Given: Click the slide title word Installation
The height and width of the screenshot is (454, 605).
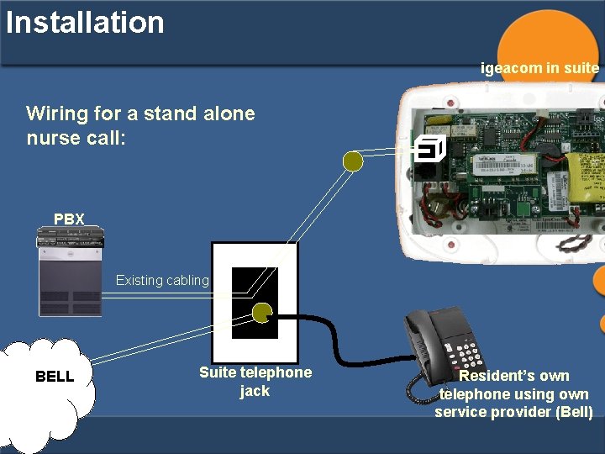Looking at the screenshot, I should [x=85, y=22].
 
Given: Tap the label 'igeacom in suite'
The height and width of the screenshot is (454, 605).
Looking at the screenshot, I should [x=539, y=68].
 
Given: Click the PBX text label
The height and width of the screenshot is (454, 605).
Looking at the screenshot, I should [x=69, y=219].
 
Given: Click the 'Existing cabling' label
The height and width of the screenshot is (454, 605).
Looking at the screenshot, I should [x=162, y=281].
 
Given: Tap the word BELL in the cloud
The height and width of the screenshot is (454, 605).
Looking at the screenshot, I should [x=55, y=377].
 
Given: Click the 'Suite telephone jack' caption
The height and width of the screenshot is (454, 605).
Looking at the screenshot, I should [x=255, y=382].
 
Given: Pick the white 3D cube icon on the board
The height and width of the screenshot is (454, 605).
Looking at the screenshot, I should [x=429, y=150].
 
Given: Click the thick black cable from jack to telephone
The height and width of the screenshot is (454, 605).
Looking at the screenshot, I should [x=336, y=336].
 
